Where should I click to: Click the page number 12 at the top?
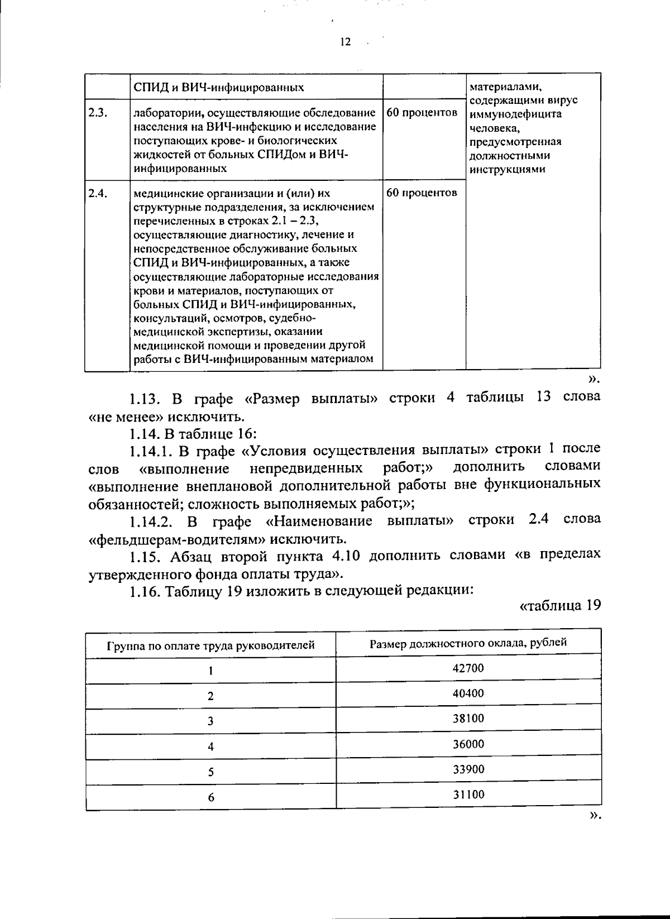tap(344, 42)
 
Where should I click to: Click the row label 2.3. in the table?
tap(98, 112)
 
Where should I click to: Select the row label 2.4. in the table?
tap(98, 193)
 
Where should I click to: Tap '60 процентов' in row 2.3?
tap(422, 112)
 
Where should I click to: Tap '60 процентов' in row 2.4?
tap(422, 193)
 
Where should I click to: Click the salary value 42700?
tap(468, 668)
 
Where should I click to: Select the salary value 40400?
tap(468, 693)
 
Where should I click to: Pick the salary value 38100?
tap(468, 719)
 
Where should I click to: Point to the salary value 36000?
tap(468, 744)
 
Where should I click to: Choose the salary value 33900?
tap(468, 769)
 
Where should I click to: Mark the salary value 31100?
tap(468, 794)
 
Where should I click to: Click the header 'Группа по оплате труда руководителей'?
tap(210, 646)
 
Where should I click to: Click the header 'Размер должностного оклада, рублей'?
tap(468, 643)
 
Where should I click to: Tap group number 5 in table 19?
tap(210, 772)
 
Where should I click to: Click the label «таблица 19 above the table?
tap(559, 606)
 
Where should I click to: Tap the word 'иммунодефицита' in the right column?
tap(515, 114)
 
